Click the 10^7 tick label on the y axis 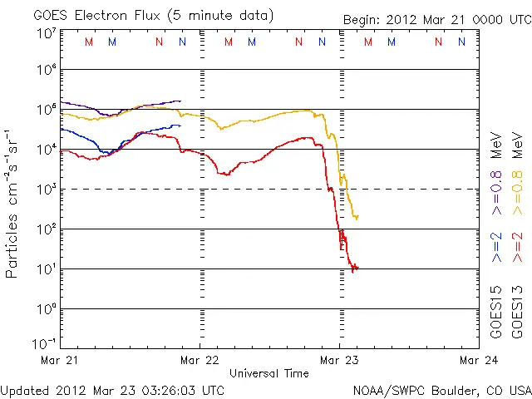coord(46,33)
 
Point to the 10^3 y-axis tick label coord(46,190)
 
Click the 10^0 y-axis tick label coord(46,309)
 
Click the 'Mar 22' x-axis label coord(199,361)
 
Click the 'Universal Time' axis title coord(268,373)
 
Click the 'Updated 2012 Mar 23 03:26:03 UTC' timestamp coord(113,389)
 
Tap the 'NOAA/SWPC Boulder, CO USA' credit coord(442,389)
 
